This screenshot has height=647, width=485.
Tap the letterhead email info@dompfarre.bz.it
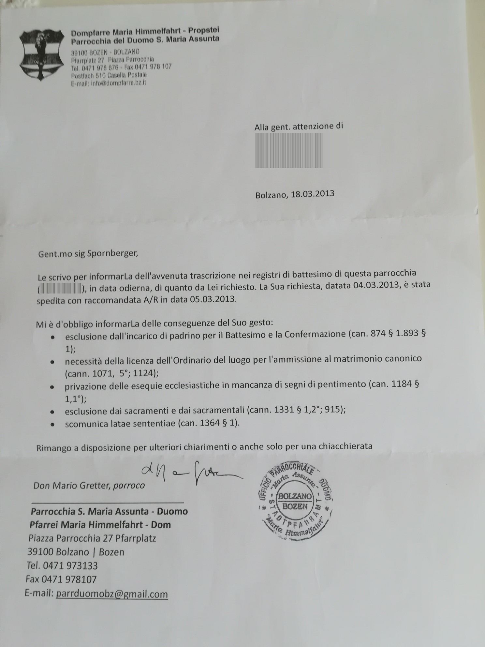pyautogui.click(x=119, y=83)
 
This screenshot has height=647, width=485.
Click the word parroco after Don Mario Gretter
pyautogui.click(x=129, y=486)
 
